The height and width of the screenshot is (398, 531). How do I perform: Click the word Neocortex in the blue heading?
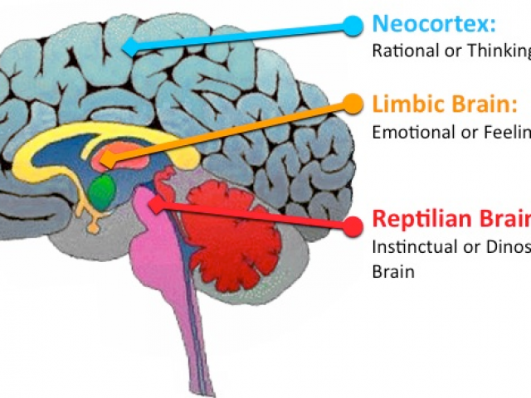pyautogui.click(x=424, y=22)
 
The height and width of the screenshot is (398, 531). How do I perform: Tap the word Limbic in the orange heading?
pyautogui.click(x=403, y=104)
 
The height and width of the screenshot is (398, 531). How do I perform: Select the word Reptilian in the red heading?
pyautogui.click(x=420, y=219)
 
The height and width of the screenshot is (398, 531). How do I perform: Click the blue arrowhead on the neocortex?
pyautogui.click(x=129, y=46)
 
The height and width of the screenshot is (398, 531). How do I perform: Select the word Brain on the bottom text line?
pyautogui.click(x=392, y=271)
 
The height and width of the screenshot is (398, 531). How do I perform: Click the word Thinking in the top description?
pyautogui.click(x=503, y=51)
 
